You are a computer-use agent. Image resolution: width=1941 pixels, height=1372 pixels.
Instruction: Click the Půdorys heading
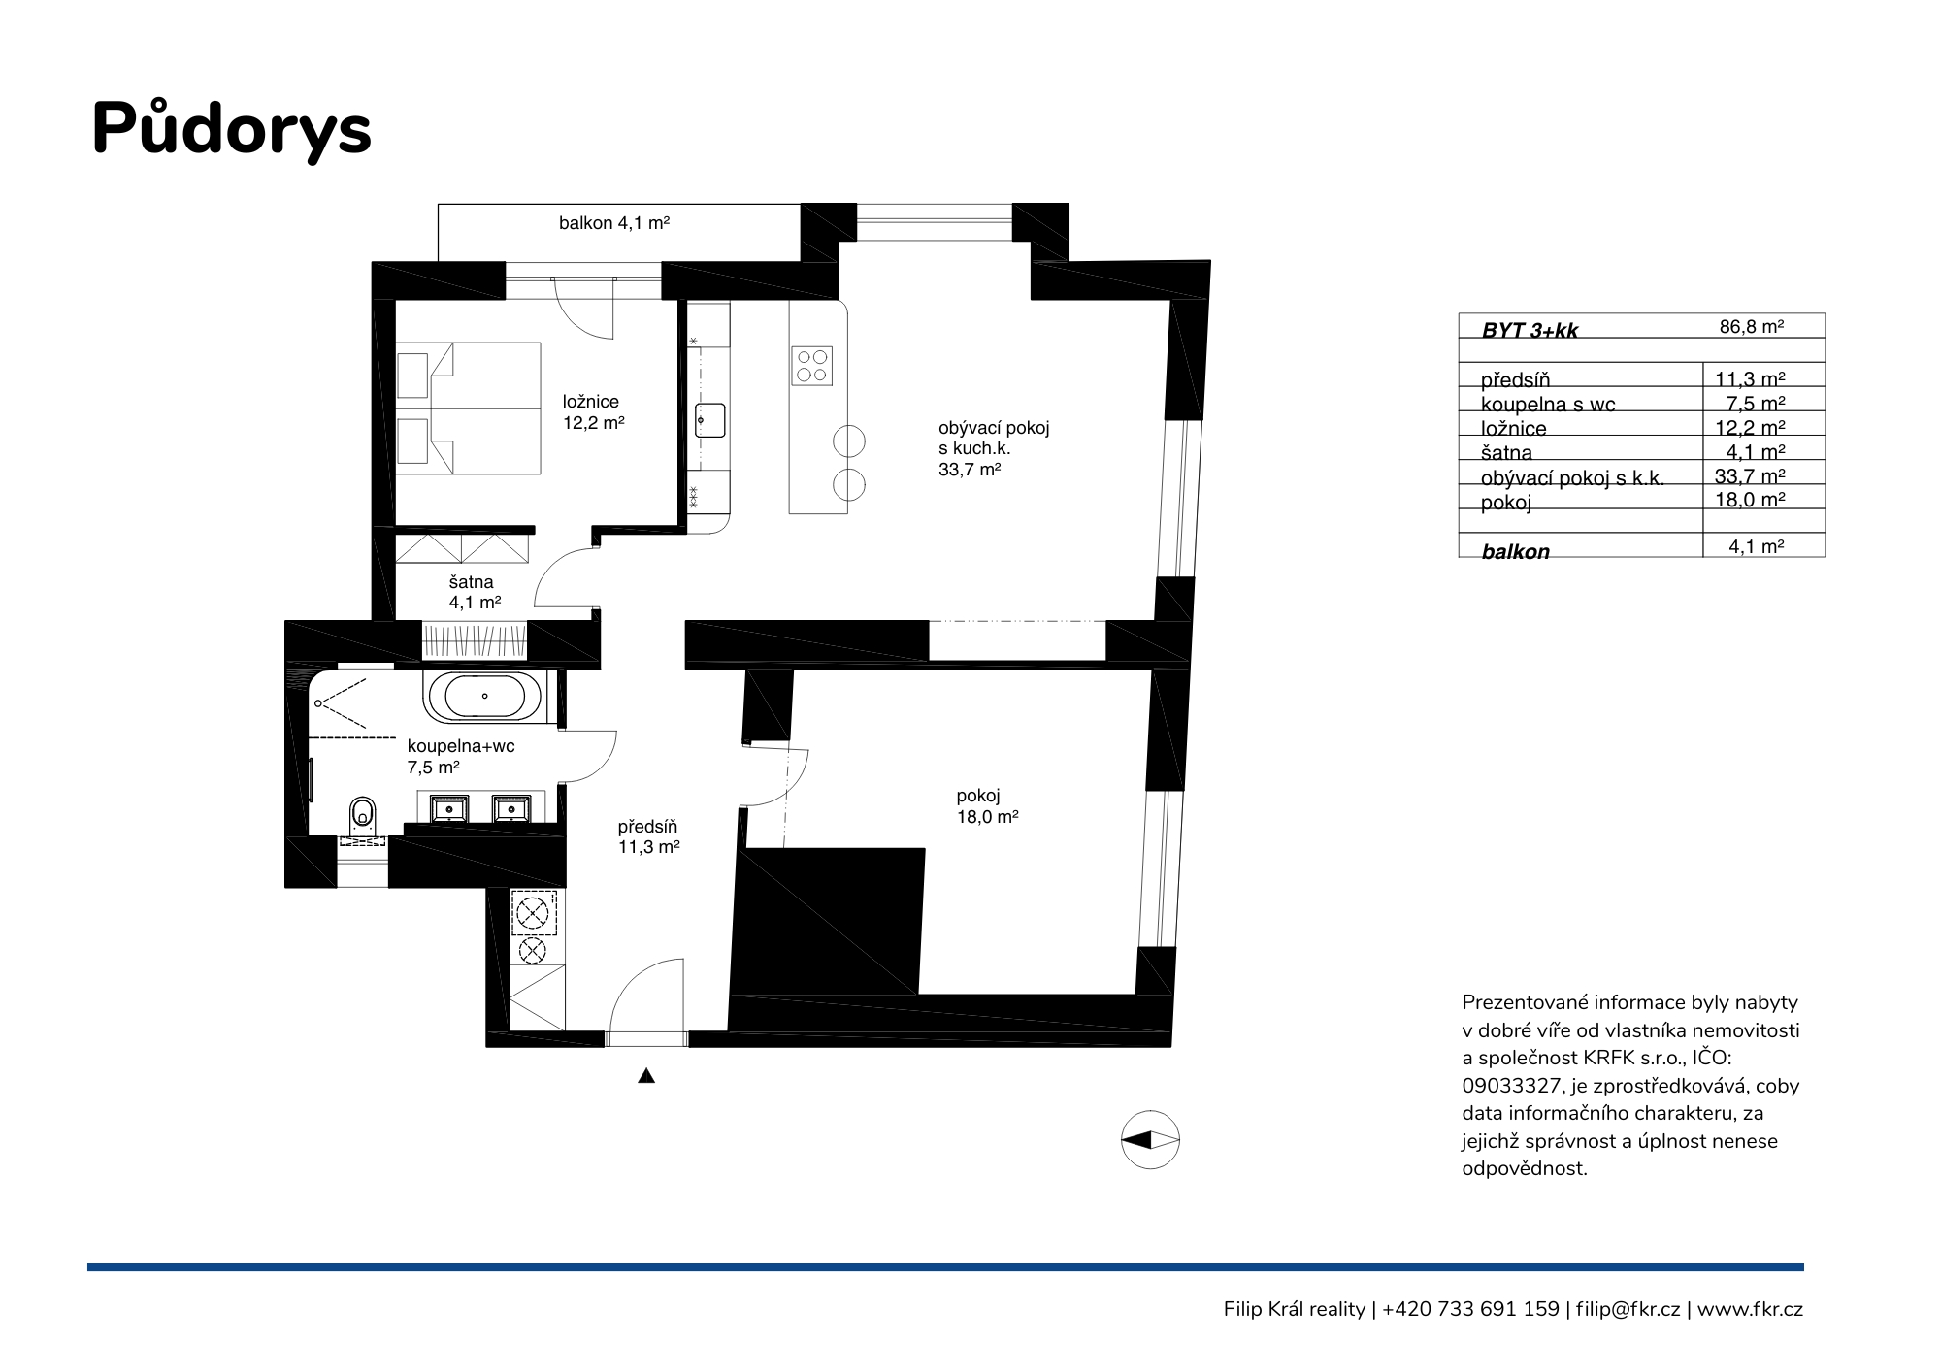point(231,129)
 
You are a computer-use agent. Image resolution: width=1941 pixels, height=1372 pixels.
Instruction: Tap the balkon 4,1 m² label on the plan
point(614,223)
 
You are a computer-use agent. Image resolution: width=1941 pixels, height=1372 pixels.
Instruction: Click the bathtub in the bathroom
point(483,697)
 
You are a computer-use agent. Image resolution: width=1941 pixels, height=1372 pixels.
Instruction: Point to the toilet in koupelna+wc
point(362,817)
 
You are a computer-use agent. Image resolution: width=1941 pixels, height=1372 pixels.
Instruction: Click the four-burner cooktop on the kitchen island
point(811,366)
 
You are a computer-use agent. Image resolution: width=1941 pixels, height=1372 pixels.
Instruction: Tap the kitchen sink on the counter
point(709,421)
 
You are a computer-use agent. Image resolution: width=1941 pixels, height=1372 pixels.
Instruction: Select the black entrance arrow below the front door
point(646,1075)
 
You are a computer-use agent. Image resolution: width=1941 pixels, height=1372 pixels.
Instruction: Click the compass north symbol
point(1150,1140)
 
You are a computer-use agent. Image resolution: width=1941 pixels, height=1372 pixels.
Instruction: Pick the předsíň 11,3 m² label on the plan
point(648,836)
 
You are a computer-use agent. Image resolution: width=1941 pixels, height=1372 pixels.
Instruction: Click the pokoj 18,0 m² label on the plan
point(987,806)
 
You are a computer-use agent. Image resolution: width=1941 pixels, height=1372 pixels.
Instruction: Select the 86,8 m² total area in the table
point(1752,327)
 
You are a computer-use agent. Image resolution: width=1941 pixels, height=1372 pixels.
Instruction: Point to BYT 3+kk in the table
point(1530,330)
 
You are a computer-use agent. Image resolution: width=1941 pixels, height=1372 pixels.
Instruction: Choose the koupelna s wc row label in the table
point(1548,405)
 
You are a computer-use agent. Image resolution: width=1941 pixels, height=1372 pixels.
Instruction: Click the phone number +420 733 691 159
point(1470,1309)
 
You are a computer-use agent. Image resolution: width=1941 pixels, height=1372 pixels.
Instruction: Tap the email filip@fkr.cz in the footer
point(1628,1309)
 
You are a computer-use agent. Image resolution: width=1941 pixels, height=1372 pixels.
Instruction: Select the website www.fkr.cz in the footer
point(1750,1309)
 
